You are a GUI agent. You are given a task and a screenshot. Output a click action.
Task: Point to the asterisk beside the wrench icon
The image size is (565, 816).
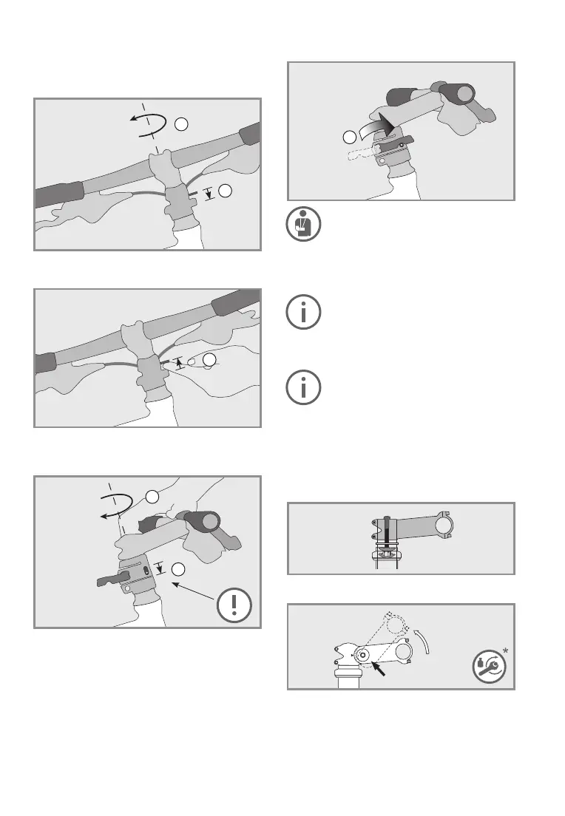pyautogui.click(x=507, y=649)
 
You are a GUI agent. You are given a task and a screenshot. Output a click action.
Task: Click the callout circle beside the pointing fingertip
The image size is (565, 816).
pyautogui.click(x=210, y=360)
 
